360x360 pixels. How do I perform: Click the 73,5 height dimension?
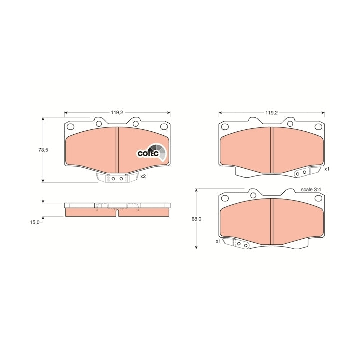point(43,150)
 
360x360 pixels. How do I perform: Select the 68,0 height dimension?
point(197,219)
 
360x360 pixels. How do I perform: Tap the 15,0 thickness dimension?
point(35,222)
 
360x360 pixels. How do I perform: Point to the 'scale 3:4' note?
point(311,190)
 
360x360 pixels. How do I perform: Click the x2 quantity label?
point(143,177)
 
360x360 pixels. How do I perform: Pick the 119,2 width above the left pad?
point(117,112)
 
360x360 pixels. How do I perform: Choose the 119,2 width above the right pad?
point(272,112)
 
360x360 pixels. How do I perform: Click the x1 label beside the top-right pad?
point(327,169)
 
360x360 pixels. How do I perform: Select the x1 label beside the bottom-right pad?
point(218,241)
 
